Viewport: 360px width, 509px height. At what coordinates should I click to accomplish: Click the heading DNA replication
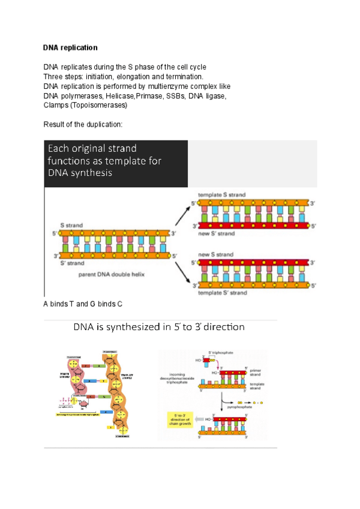click(70, 47)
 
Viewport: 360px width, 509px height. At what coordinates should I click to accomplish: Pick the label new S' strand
click(221, 233)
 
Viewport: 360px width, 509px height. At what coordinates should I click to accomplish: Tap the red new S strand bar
click(253, 262)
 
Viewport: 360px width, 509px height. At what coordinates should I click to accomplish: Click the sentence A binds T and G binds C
click(83, 304)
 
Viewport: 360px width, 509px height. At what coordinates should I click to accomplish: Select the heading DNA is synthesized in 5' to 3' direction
click(159, 328)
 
